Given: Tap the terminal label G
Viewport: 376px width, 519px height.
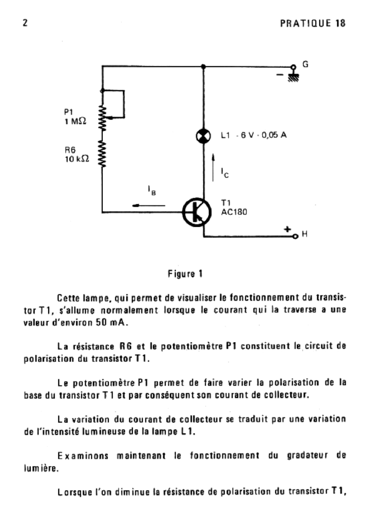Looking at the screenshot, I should point(305,65).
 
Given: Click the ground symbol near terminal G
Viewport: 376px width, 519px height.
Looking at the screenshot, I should point(292,77).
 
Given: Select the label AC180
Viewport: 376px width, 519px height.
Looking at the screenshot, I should point(234,213).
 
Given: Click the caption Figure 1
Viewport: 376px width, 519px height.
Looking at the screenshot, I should point(186,275).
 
